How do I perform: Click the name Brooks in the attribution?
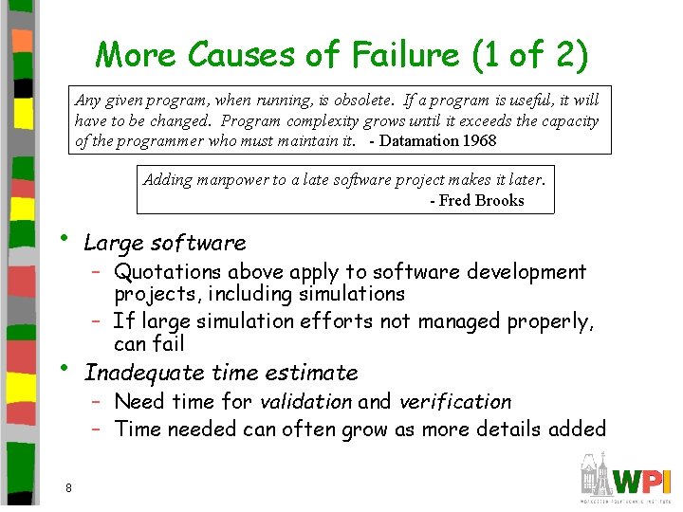[500, 200]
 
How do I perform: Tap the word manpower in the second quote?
[232, 179]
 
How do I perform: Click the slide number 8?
[68, 487]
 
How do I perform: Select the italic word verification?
[455, 401]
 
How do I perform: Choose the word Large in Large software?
[112, 243]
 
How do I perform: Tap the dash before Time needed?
[97, 429]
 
